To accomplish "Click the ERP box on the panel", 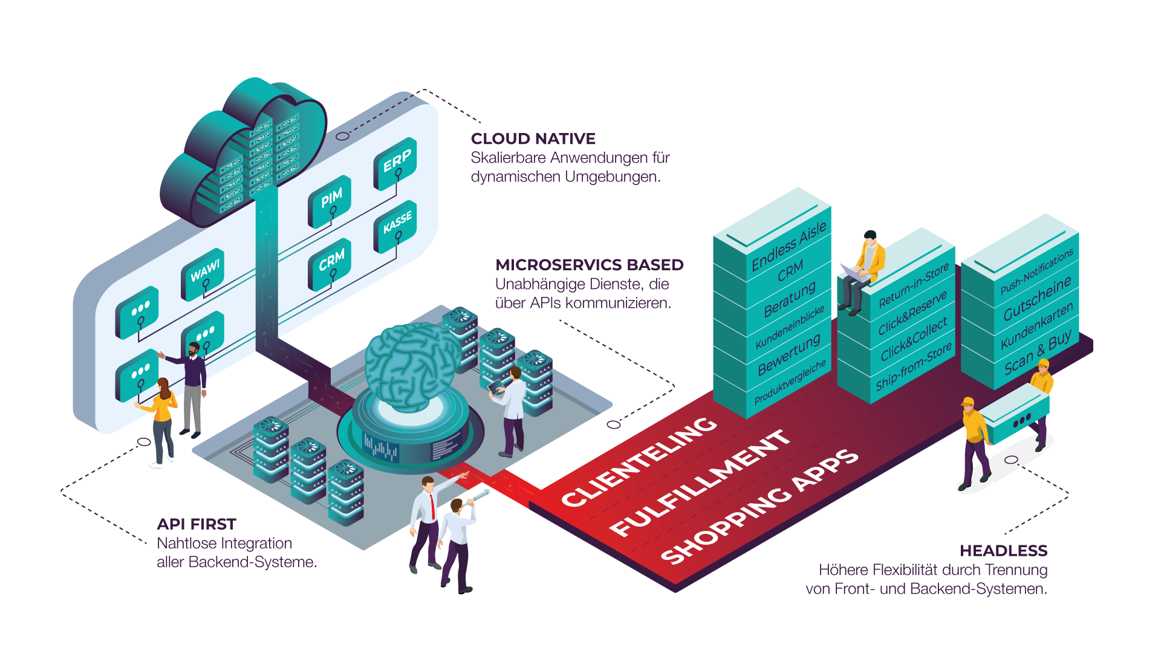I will (x=396, y=161).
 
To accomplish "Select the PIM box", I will (x=330, y=199).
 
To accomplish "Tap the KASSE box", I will (x=396, y=223).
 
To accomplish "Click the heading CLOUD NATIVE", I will (x=533, y=139).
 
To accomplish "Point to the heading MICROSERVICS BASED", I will (x=589, y=265).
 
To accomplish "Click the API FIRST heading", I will (x=196, y=524).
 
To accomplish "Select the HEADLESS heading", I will (x=1003, y=551).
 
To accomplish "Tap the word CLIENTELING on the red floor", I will (x=639, y=461).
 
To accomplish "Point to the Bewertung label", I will (x=789, y=354).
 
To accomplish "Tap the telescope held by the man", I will (x=478, y=498).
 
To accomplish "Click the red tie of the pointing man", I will (x=433, y=507).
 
